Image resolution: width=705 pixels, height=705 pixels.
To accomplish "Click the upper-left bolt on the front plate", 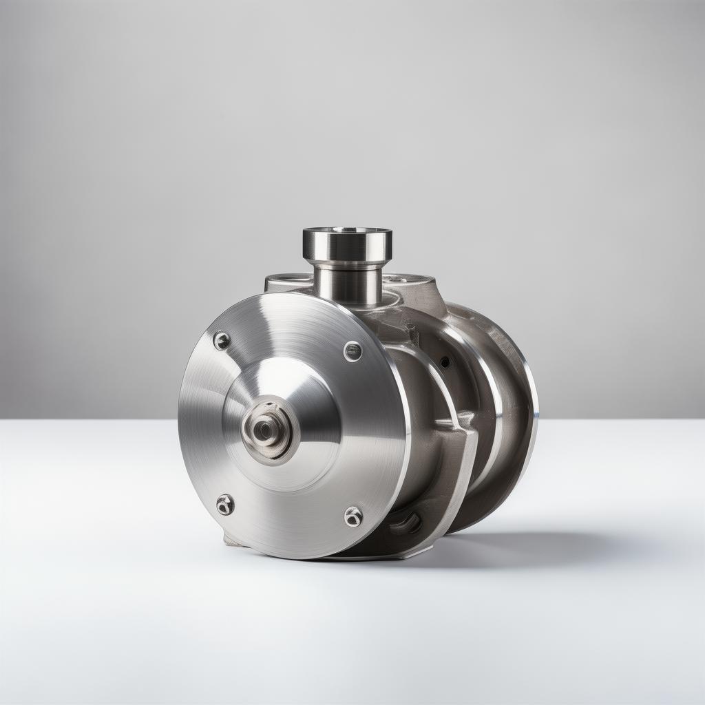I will click(222, 341).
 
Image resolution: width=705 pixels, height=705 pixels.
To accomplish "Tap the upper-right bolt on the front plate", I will click(352, 351).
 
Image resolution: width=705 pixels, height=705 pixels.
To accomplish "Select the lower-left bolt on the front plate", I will click(225, 505).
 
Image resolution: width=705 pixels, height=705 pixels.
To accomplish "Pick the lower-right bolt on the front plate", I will click(353, 516).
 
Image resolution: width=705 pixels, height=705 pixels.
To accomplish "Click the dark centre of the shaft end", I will click(264, 430).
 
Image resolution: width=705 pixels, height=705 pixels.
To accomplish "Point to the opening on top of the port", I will click(347, 231).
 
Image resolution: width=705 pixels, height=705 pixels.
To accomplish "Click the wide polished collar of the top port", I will click(347, 248).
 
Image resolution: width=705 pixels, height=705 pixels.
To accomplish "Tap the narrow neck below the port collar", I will click(348, 286).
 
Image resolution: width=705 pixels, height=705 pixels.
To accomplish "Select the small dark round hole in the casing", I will click(445, 361).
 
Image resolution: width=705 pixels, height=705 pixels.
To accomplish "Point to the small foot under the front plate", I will click(232, 540).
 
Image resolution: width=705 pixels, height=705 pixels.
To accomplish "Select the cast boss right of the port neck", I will click(413, 289).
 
